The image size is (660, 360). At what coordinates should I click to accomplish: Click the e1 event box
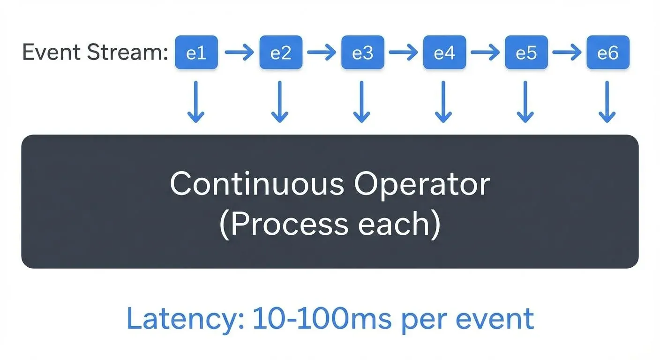pos(196,52)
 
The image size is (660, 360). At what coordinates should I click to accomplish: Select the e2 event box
pos(280,52)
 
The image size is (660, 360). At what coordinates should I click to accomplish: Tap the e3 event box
pos(362,52)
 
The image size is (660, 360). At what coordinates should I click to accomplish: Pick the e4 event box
pos(444,52)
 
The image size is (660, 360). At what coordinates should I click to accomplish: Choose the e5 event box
pos(526,52)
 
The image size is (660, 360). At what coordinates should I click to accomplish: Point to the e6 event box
pos(608,52)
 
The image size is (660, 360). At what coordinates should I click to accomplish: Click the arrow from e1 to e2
pos(239,52)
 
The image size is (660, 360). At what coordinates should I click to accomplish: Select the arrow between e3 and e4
pos(403,52)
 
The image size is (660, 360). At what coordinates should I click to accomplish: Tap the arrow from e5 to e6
pos(567,52)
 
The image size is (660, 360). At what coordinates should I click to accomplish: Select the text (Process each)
pos(330,224)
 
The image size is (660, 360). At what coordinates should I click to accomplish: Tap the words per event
pos(466,320)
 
